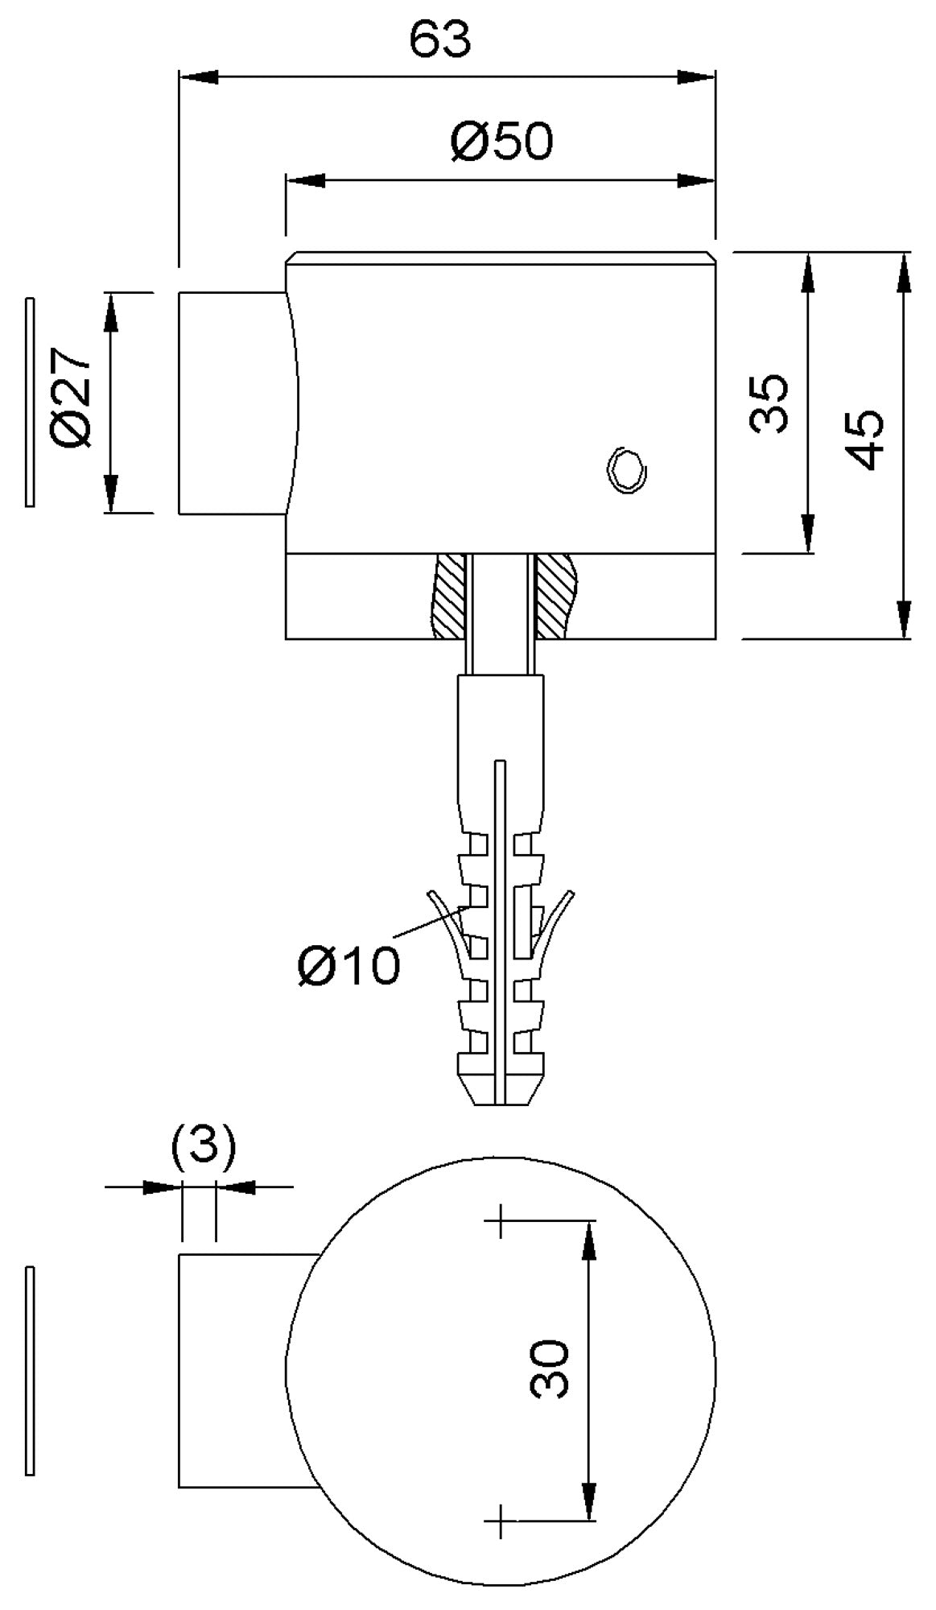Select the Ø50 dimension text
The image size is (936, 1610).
(x=503, y=141)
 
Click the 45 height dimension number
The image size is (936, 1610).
(x=865, y=440)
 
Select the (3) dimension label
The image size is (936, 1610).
(x=204, y=1146)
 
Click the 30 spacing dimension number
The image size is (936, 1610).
(x=550, y=1368)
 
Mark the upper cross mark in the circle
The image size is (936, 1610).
(x=501, y=1220)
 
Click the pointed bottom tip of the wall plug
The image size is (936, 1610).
(x=501, y=1104)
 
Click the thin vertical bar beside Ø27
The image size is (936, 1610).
(x=31, y=402)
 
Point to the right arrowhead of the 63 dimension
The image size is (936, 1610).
(x=696, y=77)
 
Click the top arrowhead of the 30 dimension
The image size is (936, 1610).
(x=590, y=1240)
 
